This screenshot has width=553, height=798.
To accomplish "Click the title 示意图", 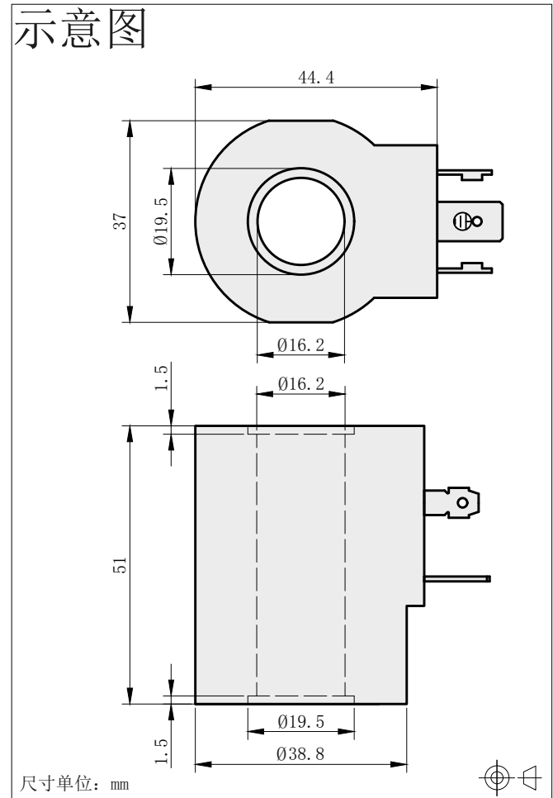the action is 80,28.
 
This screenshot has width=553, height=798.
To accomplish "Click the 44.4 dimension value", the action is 316,78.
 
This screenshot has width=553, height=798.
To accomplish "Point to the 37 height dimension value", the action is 120,221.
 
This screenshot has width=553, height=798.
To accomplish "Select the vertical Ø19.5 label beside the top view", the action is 161,221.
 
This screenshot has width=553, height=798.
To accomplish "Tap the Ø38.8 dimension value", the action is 300,753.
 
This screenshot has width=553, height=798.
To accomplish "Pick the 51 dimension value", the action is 120,565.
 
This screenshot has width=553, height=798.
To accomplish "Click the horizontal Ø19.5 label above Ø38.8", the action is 301,722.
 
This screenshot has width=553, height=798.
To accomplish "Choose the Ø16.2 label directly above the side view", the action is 301,384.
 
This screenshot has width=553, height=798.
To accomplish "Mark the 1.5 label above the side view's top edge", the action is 161,378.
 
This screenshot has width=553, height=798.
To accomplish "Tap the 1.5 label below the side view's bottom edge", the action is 161,751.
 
